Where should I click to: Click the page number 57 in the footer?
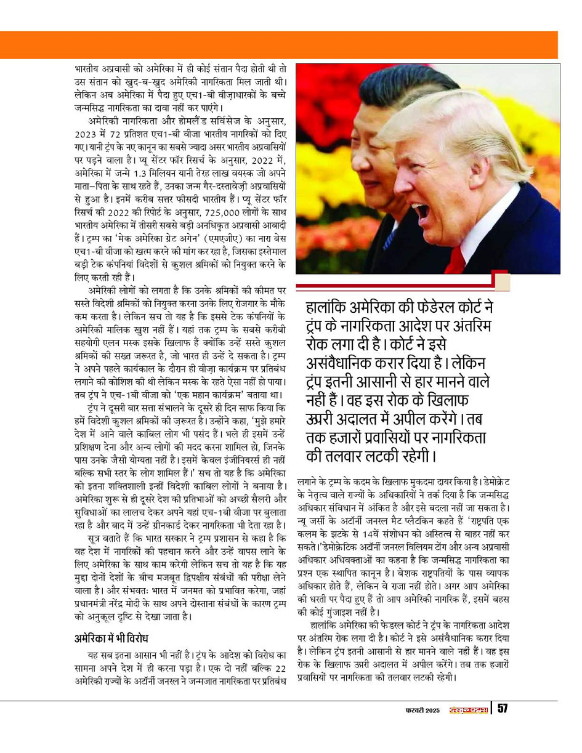(502, 709)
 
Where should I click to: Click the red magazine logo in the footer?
(467, 710)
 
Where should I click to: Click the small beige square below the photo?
(502, 281)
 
